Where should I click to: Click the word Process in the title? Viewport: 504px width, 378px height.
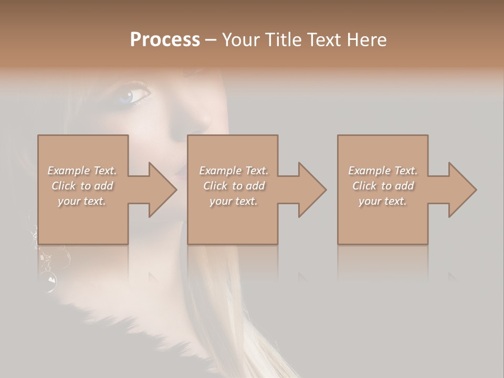click(165, 39)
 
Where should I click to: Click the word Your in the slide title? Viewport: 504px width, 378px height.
click(240, 39)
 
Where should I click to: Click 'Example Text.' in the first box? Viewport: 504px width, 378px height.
click(82, 171)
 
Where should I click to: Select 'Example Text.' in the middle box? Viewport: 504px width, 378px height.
click(234, 171)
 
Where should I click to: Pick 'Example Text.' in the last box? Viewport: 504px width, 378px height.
click(383, 171)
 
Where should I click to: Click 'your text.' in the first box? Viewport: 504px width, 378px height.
click(82, 201)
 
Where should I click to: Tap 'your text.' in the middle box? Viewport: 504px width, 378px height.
click(234, 201)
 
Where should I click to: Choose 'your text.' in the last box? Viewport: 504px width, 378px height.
click(383, 201)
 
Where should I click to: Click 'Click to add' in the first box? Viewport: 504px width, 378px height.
click(82, 186)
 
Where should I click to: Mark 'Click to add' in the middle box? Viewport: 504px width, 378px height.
click(234, 186)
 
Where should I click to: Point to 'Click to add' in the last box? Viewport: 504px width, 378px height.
click(383, 186)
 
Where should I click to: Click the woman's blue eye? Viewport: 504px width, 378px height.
click(130, 96)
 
